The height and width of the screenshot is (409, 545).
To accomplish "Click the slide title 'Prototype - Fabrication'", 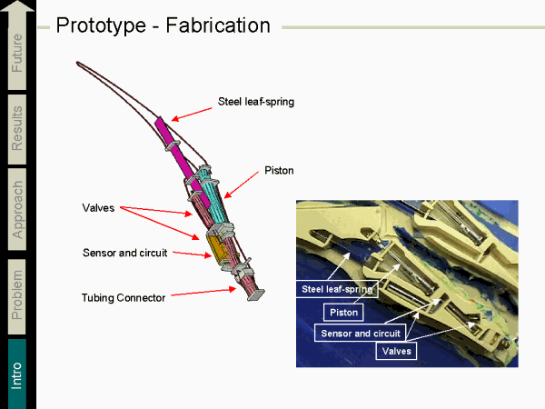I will (x=163, y=25).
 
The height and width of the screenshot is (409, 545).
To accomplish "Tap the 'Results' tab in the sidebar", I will (x=17, y=127).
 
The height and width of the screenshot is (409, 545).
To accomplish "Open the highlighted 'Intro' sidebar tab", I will (x=17, y=373).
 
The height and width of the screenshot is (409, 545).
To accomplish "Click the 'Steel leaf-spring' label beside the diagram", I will (x=256, y=101).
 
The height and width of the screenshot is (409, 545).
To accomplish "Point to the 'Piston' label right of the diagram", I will (x=279, y=170).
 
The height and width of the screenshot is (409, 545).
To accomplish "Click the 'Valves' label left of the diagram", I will (x=97, y=208).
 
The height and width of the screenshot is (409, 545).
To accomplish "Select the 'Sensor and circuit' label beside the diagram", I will (x=124, y=252).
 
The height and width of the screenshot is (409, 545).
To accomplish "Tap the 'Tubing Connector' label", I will (x=124, y=297).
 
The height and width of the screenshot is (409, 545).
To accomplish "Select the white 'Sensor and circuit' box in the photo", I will (x=360, y=333).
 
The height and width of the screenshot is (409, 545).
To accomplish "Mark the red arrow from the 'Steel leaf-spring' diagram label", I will (x=192, y=109).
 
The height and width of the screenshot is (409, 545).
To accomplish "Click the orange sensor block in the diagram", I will (x=217, y=245).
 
